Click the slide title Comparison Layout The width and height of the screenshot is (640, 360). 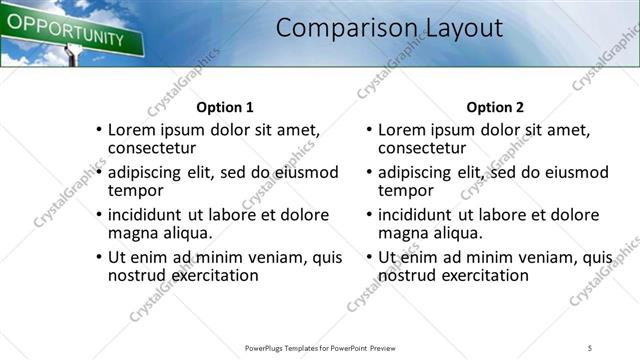(x=389, y=28)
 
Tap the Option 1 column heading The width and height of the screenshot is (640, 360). (x=225, y=107)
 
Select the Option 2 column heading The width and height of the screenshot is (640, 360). (x=495, y=107)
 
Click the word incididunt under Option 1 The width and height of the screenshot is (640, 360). (x=150, y=215)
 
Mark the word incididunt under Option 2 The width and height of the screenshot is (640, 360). (x=420, y=215)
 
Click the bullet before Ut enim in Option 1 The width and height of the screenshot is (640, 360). (x=97, y=258)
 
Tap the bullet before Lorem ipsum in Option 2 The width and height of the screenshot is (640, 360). (x=367, y=130)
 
